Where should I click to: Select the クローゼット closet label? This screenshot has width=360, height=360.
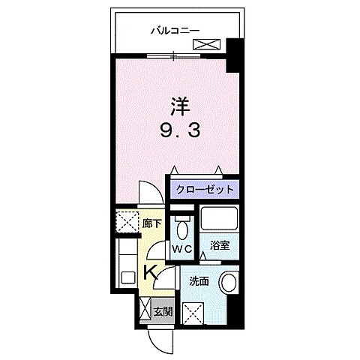coord(202,190)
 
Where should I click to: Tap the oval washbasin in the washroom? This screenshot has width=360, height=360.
coord(229,283)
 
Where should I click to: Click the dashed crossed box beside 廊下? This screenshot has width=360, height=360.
coord(125,223)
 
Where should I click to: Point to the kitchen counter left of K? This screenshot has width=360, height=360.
coord(124,266)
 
